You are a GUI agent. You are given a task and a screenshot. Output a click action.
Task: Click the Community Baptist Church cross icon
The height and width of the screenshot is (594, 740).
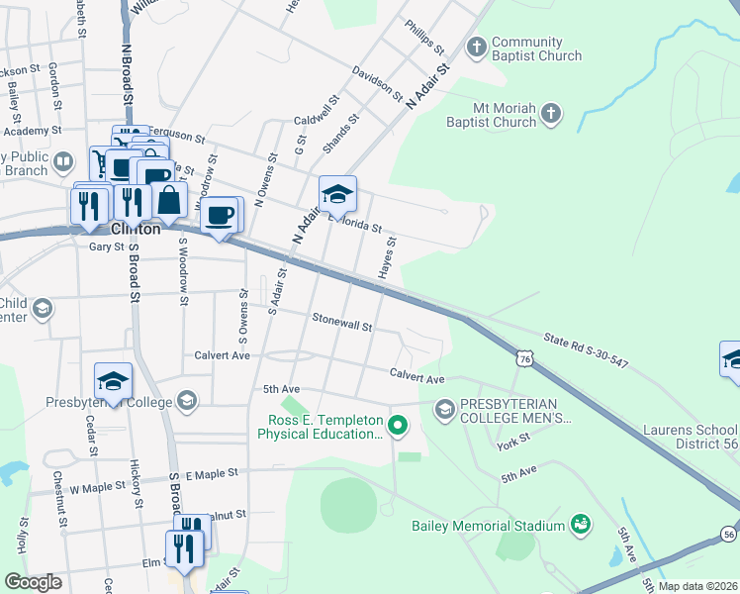click(478, 47)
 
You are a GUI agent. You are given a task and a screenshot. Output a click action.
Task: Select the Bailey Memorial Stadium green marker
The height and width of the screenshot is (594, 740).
click(582, 524)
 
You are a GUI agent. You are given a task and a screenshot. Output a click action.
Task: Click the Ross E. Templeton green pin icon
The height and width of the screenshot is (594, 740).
click(398, 427)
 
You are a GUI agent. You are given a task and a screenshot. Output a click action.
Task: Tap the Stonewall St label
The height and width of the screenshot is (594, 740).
click(341, 321)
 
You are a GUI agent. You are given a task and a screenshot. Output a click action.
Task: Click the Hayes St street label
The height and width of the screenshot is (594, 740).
click(387, 256)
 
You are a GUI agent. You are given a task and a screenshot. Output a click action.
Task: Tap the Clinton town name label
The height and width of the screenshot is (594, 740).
click(135, 228)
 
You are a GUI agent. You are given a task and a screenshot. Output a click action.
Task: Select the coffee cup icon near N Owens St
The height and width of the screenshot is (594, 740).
click(222, 216)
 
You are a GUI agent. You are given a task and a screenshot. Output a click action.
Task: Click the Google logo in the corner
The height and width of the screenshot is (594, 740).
click(33, 582)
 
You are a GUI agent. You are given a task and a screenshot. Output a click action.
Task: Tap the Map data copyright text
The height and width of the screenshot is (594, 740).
click(697, 586)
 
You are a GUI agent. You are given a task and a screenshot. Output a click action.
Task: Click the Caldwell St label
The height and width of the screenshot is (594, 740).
click(317, 111)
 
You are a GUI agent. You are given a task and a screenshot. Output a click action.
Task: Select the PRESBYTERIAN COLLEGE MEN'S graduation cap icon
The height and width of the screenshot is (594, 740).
click(444, 409)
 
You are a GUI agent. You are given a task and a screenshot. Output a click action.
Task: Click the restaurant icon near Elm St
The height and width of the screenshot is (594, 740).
click(185, 546)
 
